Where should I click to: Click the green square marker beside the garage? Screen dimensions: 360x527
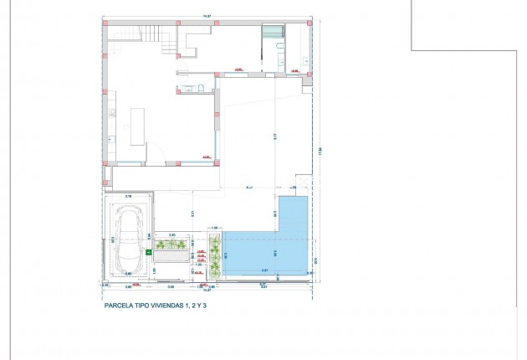coord(149,249)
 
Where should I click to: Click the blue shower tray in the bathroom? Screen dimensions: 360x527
coord(273,33)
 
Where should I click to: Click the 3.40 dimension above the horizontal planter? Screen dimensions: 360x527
coord(171,235)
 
